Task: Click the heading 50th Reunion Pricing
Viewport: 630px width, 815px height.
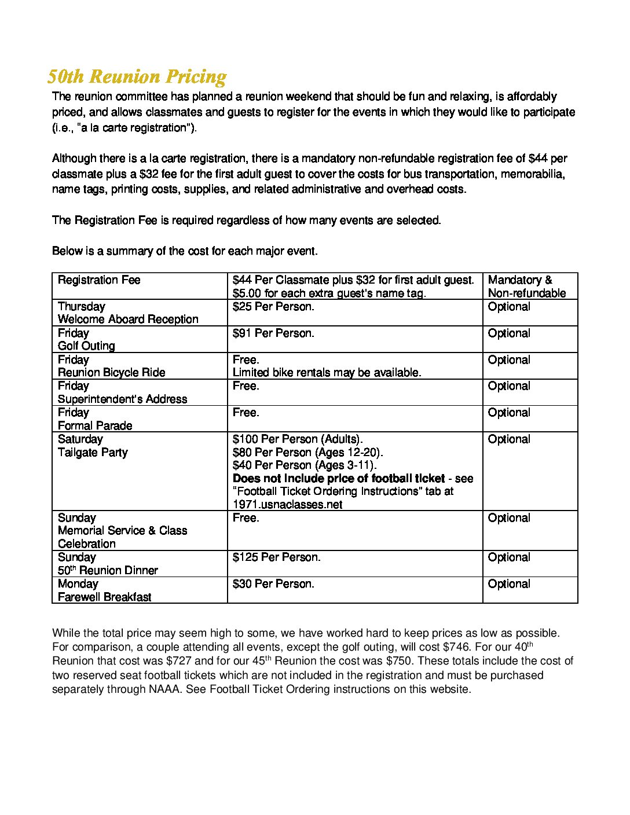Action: pos(137,76)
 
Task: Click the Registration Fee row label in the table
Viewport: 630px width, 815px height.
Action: pos(99,280)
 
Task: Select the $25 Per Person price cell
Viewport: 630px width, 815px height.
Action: pos(273,307)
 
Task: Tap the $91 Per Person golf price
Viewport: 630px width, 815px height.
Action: pos(273,333)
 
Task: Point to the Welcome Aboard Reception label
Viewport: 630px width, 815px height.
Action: pos(128,320)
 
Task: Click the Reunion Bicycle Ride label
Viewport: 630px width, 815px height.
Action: pos(111,373)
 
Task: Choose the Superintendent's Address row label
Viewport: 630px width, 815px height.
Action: pos(122,399)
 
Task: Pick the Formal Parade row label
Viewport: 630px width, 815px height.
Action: pos(95,426)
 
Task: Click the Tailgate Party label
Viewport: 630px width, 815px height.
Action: pos(93,453)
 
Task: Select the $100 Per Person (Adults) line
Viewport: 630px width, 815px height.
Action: pos(298,439)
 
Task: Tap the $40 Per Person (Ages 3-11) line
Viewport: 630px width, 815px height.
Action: pos(305,465)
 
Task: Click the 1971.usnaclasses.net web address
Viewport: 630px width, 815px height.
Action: pos(287,505)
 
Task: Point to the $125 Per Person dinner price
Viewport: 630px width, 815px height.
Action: pos(276,557)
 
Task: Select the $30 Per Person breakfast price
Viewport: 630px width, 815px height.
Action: pos(273,584)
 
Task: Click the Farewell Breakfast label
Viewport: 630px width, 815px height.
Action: pos(104,597)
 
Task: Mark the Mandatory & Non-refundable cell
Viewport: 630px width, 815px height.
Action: pos(526,287)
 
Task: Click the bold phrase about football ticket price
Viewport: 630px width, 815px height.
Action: pos(339,479)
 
